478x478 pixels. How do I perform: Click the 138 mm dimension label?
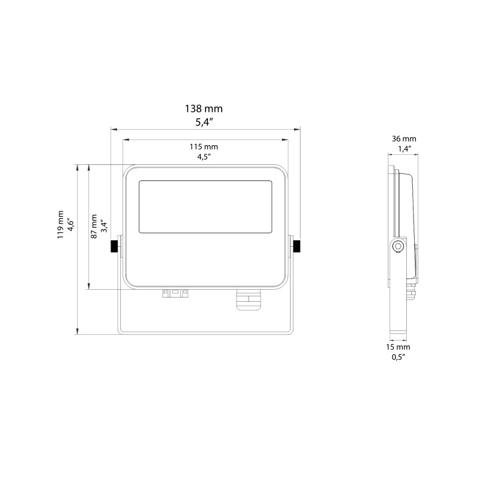205,109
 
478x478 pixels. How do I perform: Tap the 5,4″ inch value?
205,123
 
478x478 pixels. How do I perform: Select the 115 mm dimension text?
205,147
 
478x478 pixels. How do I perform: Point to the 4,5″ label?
205,157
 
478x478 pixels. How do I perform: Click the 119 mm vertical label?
60,225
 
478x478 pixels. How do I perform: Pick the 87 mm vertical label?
94,226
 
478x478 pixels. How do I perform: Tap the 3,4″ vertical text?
104,225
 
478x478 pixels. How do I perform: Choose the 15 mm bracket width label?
400,347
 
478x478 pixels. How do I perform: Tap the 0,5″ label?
400,357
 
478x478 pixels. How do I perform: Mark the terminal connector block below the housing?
175,293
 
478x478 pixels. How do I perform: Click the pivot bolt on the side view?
398,247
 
